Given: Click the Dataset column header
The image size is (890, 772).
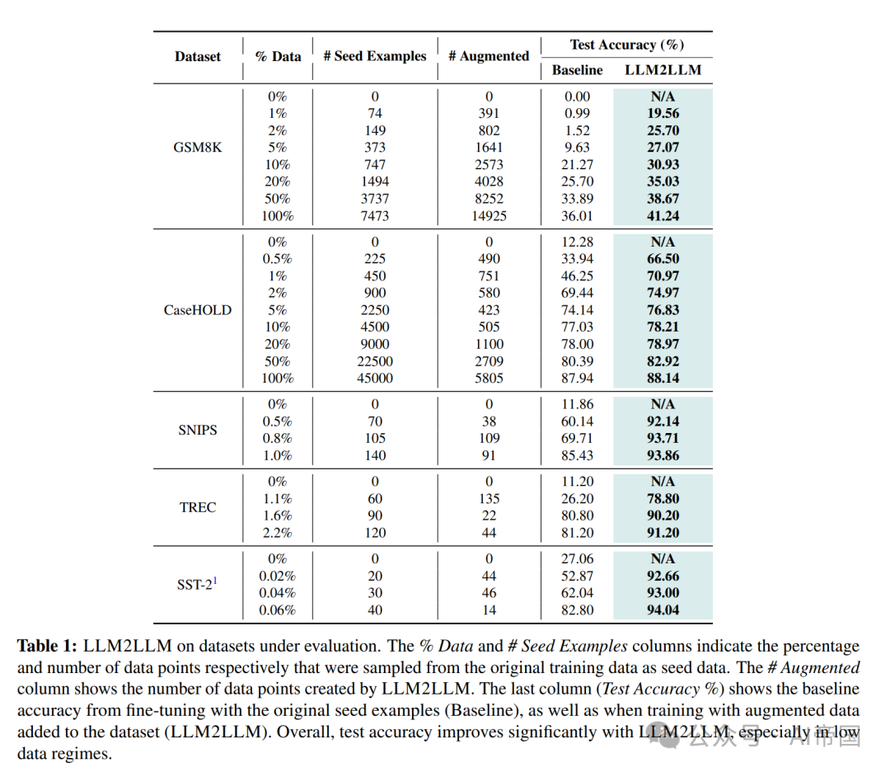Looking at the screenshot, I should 198,57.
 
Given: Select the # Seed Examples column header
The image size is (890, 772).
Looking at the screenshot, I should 375,57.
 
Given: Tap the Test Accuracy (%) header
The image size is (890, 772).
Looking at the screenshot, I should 626,45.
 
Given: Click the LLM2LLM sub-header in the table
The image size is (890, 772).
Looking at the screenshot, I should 663,70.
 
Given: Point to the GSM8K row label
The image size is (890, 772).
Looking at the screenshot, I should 198,148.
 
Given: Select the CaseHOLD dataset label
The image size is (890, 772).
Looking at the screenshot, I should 198,310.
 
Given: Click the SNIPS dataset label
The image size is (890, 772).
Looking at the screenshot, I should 198,430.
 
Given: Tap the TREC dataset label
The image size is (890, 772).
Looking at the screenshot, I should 198,507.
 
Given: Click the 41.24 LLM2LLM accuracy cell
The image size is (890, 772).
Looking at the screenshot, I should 663,216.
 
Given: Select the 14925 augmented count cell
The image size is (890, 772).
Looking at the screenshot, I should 489,216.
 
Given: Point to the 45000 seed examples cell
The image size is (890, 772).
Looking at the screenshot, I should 375,379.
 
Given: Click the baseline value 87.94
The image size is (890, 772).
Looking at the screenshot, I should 577,379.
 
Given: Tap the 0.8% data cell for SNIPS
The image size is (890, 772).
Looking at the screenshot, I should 278,439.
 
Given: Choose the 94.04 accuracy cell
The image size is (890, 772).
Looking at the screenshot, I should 663,610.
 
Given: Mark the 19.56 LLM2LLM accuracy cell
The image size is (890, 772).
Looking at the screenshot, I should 663,114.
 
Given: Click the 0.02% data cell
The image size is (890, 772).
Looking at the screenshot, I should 278,577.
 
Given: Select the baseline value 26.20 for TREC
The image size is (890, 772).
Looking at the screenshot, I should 577,499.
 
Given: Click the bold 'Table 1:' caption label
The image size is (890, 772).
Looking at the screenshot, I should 49,647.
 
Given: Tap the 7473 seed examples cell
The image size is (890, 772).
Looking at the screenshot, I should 375,216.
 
